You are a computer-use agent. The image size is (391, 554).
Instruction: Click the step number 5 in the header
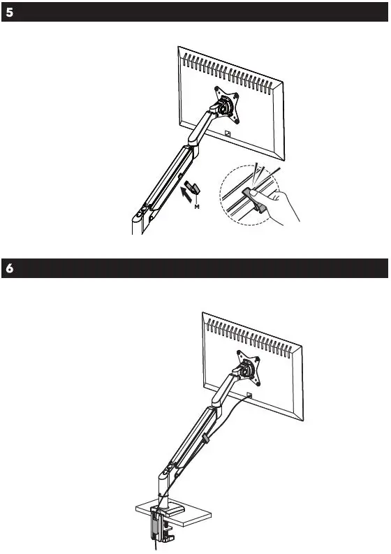pyautogui.click(x=8, y=13)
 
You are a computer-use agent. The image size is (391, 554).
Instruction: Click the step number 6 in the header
pyautogui.click(x=8, y=269)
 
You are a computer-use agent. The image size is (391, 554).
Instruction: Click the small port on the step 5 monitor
pyautogui.click(x=228, y=135)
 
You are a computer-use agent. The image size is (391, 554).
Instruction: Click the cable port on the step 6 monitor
pyautogui.click(x=249, y=395)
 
